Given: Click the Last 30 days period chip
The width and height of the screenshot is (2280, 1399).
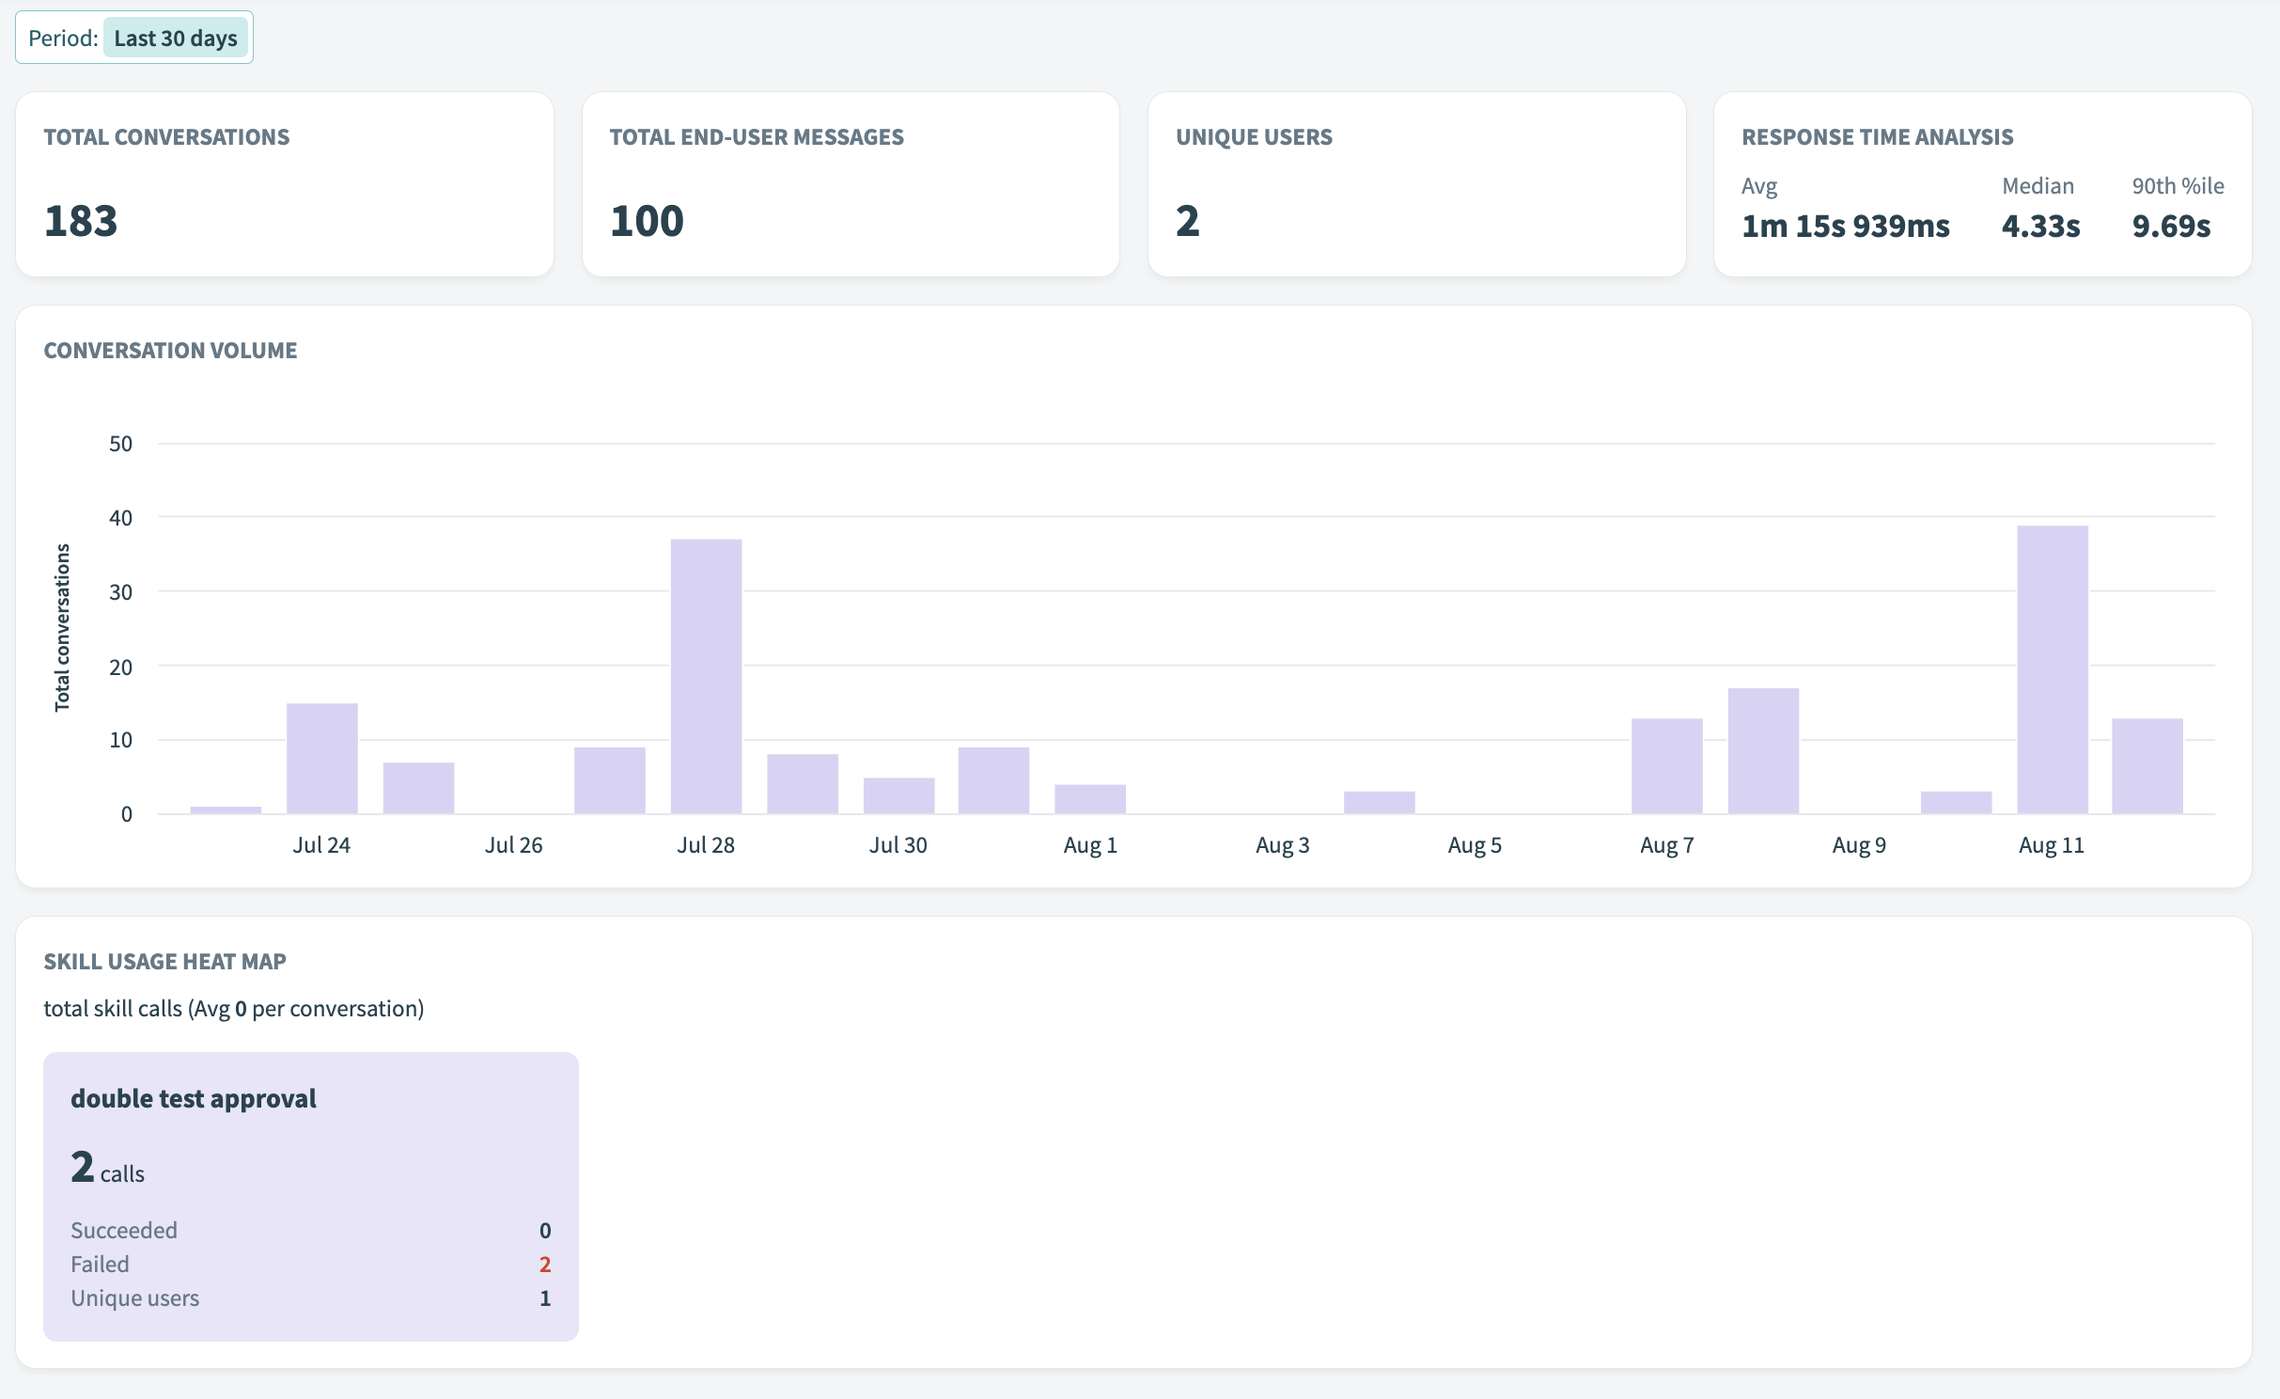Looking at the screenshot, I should (x=175, y=39).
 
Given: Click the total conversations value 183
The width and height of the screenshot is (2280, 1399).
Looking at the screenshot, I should (x=81, y=222).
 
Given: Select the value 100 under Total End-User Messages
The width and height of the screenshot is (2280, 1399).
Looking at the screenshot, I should (x=647, y=222).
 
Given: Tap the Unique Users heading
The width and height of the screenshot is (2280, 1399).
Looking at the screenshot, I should (x=1254, y=137).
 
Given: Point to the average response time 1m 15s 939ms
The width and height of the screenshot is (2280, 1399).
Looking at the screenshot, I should (x=1845, y=227).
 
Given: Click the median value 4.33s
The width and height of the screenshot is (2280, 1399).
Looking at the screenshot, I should (x=2040, y=227).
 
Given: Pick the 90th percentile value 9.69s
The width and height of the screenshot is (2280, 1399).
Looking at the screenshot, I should (x=2171, y=227).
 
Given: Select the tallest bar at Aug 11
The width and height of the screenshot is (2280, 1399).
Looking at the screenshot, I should (x=2052, y=669).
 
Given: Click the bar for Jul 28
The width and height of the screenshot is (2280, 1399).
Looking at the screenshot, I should (x=706, y=676).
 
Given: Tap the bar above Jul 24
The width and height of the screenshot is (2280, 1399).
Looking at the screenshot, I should (x=321, y=758).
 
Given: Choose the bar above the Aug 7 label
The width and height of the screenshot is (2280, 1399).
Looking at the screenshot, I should (x=1666, y=765).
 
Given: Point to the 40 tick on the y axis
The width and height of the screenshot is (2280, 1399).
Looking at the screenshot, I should (x=121, y=518).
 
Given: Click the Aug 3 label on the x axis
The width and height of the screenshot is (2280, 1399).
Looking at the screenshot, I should (x=1282, y=845).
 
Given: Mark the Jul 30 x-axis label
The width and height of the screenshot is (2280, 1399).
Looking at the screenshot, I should (x=898, y=845).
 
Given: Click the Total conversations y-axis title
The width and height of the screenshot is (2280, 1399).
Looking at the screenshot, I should (x=62, y=627).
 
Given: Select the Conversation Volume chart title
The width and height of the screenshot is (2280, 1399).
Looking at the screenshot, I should (x=170, y=351).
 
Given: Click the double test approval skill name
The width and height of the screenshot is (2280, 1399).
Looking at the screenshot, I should (x=194, y=1098).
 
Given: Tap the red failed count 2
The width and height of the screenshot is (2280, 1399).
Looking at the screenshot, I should (x=545, y=1265).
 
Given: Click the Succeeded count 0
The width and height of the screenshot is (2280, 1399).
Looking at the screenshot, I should (x=545, y=1231).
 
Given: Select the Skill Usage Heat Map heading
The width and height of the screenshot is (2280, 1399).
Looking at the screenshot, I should (x=164, y=962).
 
